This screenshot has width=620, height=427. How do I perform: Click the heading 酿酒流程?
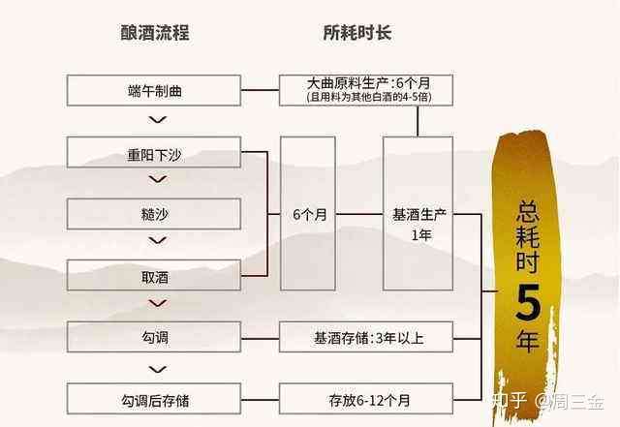point(155,33)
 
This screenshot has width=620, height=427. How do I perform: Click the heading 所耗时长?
point(357,33)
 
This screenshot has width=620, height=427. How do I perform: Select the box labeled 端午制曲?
point(154,91)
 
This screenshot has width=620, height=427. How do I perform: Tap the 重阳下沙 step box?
point(154,152)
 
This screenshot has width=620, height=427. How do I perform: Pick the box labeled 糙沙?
point(154,214)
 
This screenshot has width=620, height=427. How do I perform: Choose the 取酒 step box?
point(154,275)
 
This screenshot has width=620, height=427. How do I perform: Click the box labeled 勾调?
point(154,337)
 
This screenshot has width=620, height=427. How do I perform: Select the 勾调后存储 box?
point(154,399)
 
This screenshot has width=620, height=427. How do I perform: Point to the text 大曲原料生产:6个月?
point(368,83)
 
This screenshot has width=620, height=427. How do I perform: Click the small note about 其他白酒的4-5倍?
point(368,97)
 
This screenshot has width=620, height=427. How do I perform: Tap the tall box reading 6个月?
point(308,213)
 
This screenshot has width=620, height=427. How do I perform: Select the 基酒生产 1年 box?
point(418,213)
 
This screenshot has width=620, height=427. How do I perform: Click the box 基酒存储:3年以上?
point(366,337)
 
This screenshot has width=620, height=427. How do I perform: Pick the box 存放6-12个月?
point(366,399)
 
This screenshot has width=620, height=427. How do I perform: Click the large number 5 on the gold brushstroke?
point(528,302)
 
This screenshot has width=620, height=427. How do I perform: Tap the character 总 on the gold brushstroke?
point(528,211)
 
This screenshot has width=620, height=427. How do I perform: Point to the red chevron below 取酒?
point(157,303)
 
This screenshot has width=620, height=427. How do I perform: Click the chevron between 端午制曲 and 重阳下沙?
point(157,119)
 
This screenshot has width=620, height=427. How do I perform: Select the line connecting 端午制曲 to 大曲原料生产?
point(261,90)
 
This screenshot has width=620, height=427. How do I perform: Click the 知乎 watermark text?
point(510,401)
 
